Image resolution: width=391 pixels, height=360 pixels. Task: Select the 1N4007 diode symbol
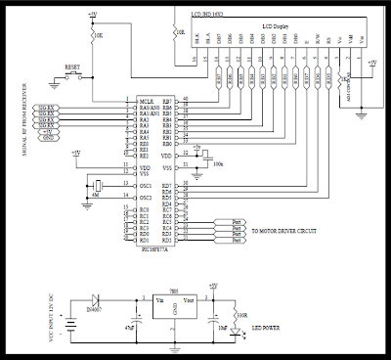pos(94,302)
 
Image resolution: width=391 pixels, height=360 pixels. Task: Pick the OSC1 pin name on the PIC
pos(143,184)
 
